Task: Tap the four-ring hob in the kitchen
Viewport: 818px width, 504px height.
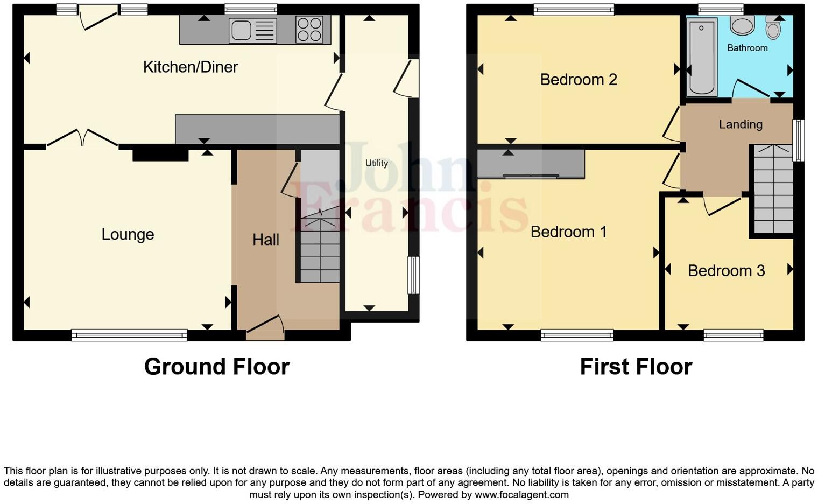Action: (309, 30)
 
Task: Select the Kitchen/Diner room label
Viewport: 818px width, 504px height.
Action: (191, 67)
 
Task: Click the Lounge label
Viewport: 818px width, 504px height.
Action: (128, 234)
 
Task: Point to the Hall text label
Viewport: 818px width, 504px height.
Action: (266, 240)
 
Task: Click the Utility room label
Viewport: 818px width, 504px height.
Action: (376, 163)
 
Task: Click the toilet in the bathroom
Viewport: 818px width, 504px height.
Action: (773, 29)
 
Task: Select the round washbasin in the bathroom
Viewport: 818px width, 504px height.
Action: (743, 25)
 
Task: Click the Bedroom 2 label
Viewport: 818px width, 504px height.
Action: (579, 80)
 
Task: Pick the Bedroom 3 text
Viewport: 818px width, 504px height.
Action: (726, 270)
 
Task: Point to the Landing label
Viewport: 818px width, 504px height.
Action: (741, 124)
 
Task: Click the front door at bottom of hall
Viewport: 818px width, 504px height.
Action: (265, 328)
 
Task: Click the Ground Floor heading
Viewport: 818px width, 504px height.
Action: (217, 367)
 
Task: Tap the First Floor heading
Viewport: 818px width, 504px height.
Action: (636, 367)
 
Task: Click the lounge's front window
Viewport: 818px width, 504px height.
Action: (129, 335)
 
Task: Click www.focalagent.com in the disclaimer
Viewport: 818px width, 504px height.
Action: (521, 494)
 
